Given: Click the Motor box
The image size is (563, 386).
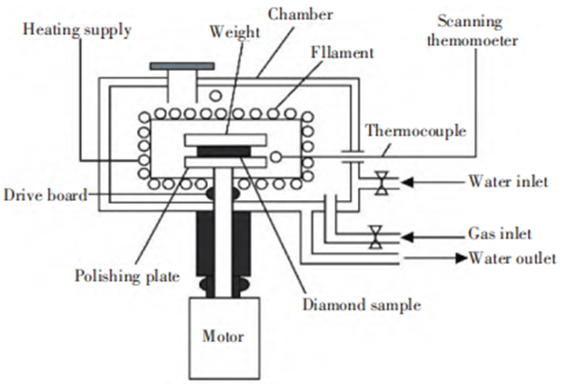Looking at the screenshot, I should [x=223, y=336].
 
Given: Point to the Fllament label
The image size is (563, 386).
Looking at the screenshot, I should [x=343, y=54].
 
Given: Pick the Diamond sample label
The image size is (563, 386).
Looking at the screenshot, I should [x=361, y=306].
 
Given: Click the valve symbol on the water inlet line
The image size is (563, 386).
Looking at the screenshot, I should [x=381, y=183].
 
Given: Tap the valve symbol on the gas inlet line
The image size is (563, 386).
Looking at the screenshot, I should [x=375, y=236].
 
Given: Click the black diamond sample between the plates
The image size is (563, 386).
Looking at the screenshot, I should [x=224, y=152].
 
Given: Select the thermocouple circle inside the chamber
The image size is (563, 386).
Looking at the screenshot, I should [x=277, y=156].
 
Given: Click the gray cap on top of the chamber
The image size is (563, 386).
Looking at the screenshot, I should [x=182, y=66].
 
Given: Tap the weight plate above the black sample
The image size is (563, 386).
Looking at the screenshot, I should [x=224, y=140].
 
